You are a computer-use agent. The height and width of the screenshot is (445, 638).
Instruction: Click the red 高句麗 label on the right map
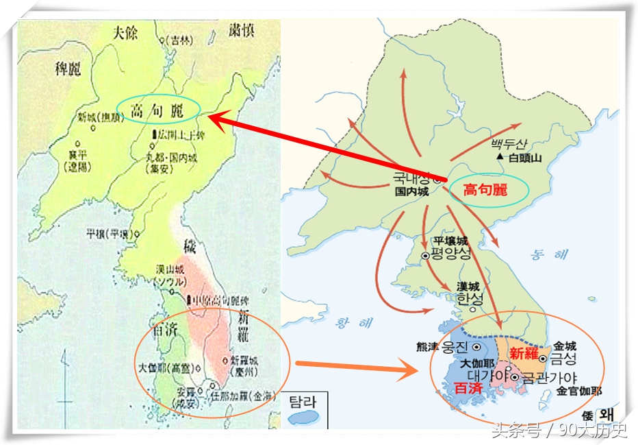(x=485, y=191)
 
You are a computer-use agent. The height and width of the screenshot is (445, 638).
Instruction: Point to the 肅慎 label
(x=244, y=31)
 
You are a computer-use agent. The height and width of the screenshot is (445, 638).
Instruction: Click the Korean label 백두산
(x=507, y=145)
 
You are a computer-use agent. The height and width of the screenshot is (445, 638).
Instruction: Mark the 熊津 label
(x=431, y=347)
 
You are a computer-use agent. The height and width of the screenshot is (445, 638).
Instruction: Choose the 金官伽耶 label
(x=579, y=392)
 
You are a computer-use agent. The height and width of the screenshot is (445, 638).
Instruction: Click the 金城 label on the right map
(x=565, y=346)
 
